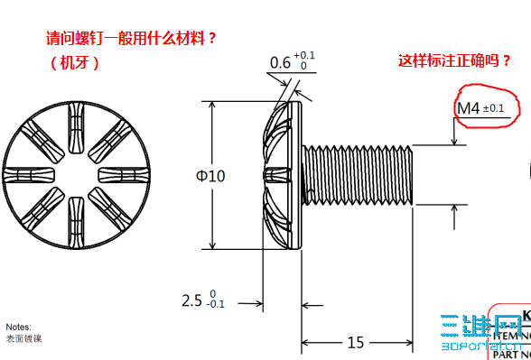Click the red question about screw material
point(132,40)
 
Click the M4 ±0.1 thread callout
point(480,109)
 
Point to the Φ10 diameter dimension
point(210,175)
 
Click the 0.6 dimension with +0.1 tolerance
point(288,61)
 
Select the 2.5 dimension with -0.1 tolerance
point(203,299)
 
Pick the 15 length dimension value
point(355,341)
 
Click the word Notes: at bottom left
point(18,327)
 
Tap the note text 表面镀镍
point(23,338)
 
